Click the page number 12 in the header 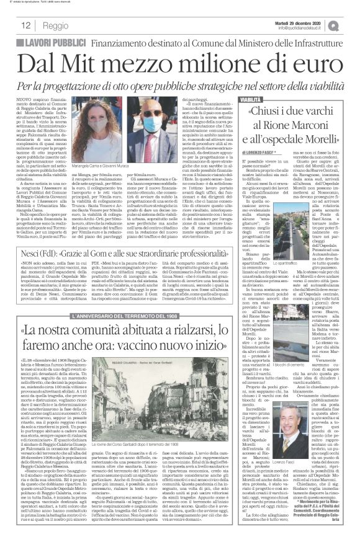tap(26, 26)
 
